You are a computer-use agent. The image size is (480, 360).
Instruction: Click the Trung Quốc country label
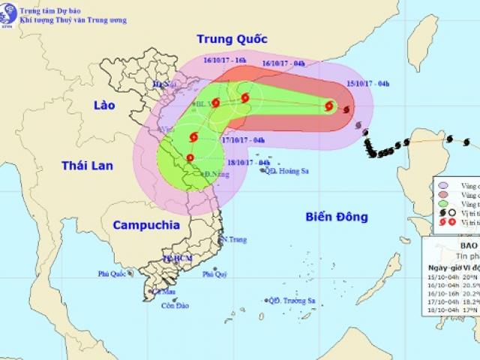(x=232, y=39)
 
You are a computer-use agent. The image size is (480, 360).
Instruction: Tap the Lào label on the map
(x=100, y=105)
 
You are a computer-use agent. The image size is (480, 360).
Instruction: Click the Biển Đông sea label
(x=337, y=217)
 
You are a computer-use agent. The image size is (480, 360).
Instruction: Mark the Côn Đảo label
(x=173, y=305)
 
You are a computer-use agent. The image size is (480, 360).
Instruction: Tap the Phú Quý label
(x=215, y=274)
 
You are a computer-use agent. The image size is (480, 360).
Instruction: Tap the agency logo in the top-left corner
(x=9, y=11)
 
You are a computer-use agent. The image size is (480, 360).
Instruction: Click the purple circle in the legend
(x=444, y=185)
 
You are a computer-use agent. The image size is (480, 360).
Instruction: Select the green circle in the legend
(x=444, y=203)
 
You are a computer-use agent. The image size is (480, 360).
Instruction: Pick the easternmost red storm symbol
(x=329, y=106)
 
